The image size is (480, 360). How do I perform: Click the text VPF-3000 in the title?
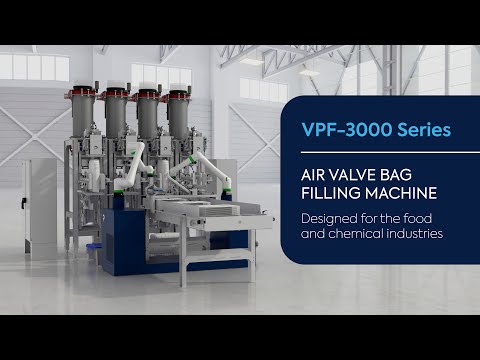click(x=343, y=130)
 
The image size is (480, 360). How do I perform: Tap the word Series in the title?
click(x=423, y=130)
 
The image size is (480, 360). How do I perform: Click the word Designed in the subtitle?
click(x=333, y=219)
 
